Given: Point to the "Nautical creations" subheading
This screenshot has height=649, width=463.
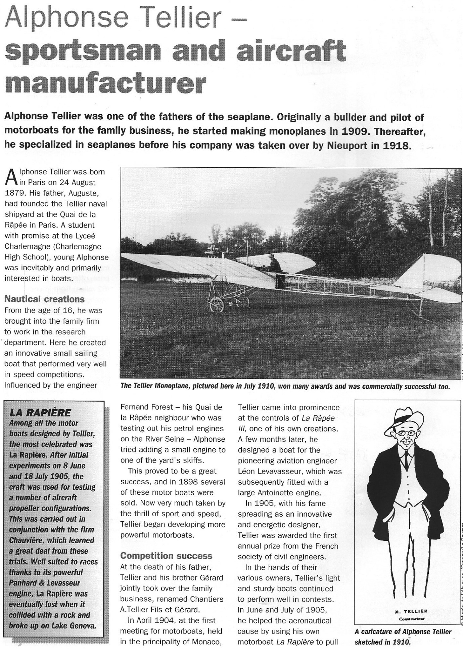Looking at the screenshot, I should pyautogui.click(x=44, y=299).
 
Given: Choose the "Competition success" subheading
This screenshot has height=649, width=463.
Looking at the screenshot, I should pyautogui.click(x=166, y=556).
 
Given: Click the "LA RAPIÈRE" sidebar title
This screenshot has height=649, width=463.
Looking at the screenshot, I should pyautogui.click(x=40, y=412).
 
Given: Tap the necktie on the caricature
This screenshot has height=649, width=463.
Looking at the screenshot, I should pyautogui.click(x=407, y=459).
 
